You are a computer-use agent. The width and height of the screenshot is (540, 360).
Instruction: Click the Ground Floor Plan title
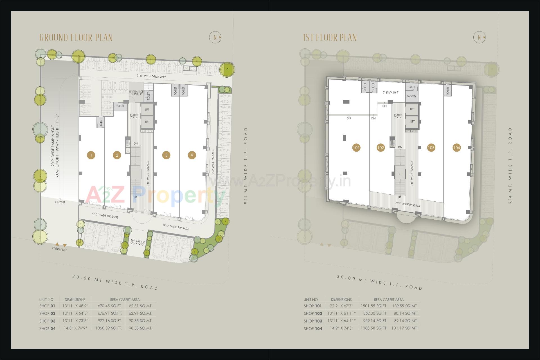tap(76, 37)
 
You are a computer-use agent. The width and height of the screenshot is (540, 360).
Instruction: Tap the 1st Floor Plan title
tap(330, 37)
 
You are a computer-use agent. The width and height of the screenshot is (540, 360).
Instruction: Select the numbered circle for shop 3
tap(166, 155)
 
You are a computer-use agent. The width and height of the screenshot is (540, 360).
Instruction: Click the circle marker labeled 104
tap(456, 148)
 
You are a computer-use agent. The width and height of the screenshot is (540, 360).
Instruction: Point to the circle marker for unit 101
tap(356, 148)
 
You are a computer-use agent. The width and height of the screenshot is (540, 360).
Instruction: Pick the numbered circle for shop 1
tap(91, 155)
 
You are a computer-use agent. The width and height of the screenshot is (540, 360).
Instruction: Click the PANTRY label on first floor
tap(411, 96)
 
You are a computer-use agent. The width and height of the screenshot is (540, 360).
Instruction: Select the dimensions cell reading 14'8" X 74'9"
tap(75, 328)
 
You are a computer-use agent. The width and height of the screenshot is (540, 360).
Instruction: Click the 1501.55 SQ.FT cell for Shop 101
tap(373, 306)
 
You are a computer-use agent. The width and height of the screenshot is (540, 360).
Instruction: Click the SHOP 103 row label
tap(313, 321)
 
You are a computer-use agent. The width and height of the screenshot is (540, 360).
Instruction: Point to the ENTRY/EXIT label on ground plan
tap(59, 249)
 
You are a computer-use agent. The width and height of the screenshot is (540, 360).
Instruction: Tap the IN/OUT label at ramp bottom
tap(60, 202)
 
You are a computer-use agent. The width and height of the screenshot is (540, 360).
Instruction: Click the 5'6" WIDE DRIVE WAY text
tap(151, 76)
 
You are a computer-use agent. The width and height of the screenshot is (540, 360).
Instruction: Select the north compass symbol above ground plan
tap(215, 37)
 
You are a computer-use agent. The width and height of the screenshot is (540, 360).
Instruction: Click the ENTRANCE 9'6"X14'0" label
tap(138, 243)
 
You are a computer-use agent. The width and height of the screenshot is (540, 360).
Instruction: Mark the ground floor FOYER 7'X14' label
tap(134, 116)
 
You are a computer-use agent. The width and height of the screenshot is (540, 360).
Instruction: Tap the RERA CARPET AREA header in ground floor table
tap(125, 300)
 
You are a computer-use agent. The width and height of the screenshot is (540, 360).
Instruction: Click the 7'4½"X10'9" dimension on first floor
tap(391, 92)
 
